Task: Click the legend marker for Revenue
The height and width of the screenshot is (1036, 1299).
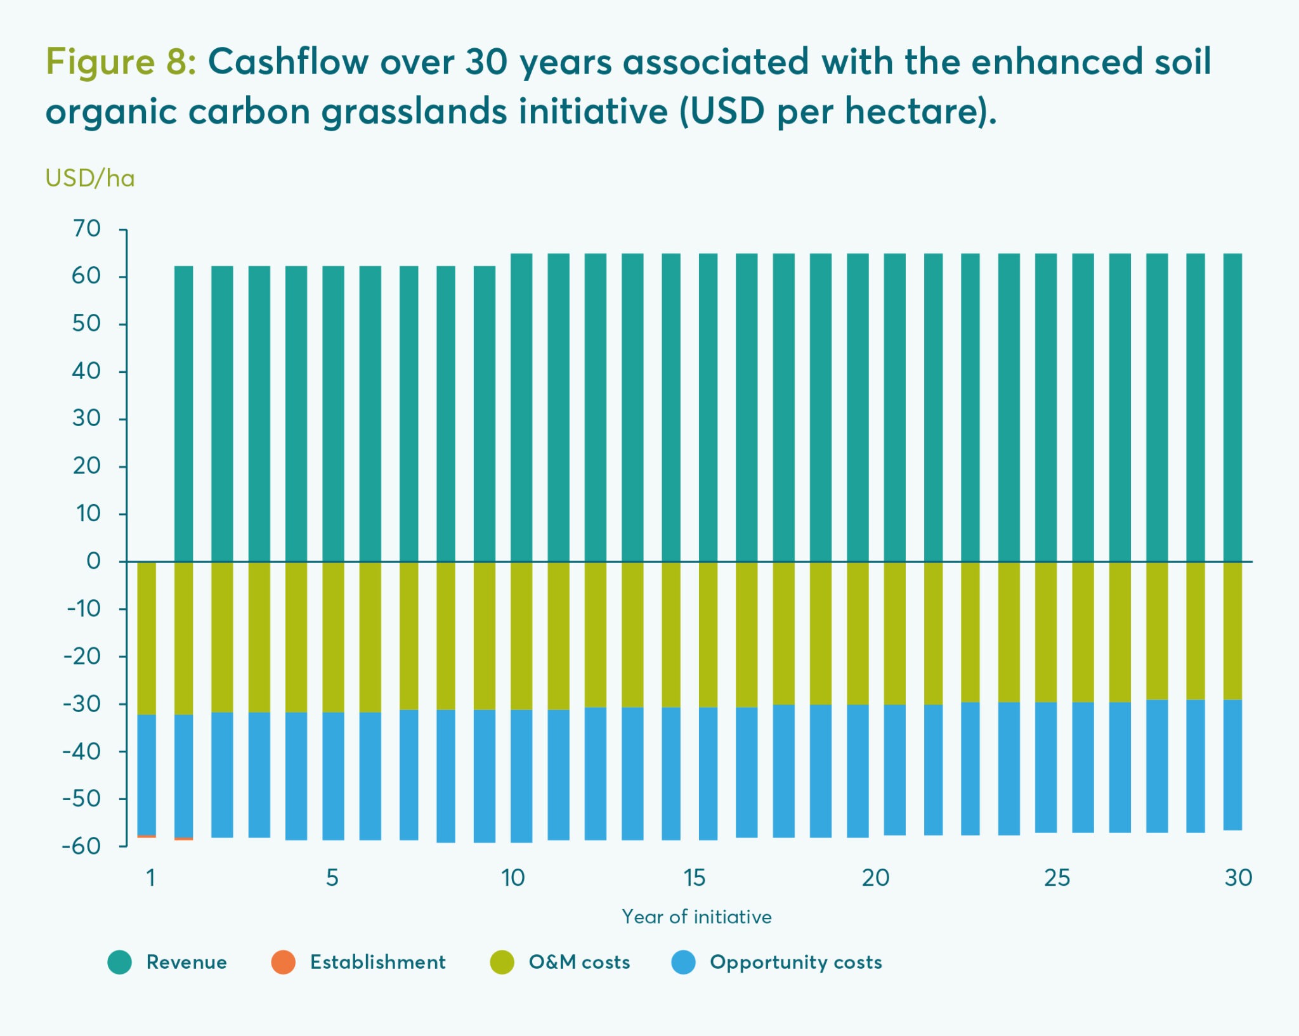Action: tap(119, 962)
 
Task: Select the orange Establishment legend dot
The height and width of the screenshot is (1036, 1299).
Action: tap(283, 962)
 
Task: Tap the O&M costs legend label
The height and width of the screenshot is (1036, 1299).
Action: tap(579, 962)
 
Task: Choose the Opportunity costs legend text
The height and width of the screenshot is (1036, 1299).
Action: tap(795, 962)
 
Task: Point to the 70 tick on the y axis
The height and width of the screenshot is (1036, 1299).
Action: tap(87, 229)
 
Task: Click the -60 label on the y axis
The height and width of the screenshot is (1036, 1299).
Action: tap(82, 846)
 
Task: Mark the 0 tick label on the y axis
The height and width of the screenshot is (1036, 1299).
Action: tap(93, 561)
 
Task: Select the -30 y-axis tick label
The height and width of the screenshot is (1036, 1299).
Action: tap(82, 704)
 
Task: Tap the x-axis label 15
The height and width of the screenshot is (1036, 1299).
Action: tap(694, 877)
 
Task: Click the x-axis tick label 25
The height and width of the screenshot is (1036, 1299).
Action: tap(1057, 877)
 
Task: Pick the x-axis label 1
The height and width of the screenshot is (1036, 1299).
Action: tap(151, 877)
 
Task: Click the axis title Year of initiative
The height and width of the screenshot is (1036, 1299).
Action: tap(696, 917)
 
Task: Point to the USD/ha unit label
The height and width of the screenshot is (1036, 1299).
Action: tap(90, 179)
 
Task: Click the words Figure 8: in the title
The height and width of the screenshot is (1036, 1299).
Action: tap(121, 62)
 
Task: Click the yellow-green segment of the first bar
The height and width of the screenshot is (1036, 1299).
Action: tap(147, 637)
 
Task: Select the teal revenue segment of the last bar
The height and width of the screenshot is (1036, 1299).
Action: tap(1232, 406)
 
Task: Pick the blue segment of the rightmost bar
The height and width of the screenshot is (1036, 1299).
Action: tap(1232, 764)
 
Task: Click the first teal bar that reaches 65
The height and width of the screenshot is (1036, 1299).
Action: tap(521, 406)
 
